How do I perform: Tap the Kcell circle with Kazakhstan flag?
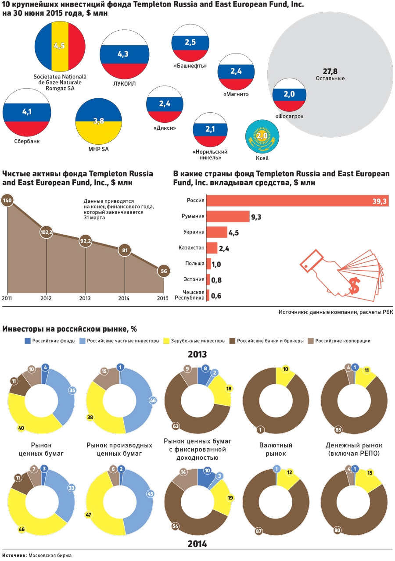tap(262, 136)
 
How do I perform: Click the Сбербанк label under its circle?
tap(25, 141)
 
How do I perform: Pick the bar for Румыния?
tap(228, 216)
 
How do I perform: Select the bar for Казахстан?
tap(212, 248)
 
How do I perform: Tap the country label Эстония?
tap(194, 279)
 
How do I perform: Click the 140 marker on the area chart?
tap(7, 201)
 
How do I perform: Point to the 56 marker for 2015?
tap(164, 272)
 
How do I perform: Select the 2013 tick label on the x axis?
tap(85, 298)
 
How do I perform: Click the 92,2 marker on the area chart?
tap(86, 241)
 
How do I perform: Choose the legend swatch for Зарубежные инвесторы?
tap(166, 341)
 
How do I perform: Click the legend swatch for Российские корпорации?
tap(311, 341)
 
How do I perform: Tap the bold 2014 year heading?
tap(197, 544)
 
